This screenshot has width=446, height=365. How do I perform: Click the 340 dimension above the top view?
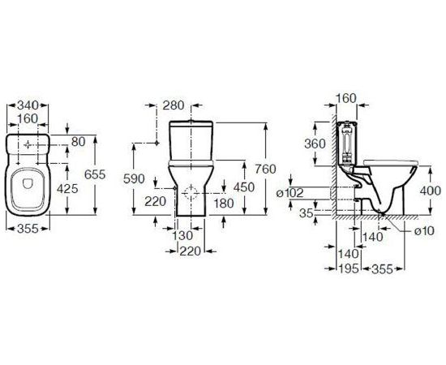[x=28, y=105]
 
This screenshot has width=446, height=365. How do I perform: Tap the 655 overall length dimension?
[x=95, y=174]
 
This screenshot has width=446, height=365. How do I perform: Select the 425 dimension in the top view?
[x=67, y=188]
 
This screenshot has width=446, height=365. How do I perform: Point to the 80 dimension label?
[x=78, y=142]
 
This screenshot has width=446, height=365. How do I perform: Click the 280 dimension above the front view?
[x=174, y=105]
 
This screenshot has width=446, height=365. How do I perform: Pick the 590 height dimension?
[x=134, y=178]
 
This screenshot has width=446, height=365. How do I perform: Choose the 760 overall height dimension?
[x=265, y=170]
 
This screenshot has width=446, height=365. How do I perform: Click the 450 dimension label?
[x=244, y=187]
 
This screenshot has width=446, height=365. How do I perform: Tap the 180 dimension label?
[x=224, y=203]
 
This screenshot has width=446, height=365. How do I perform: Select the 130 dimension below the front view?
[x=183, y=235]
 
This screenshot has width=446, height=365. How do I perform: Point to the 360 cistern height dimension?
[x=315, y=144]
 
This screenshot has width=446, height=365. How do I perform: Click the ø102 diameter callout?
[x=290, y=193]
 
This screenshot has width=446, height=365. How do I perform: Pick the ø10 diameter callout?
[x=424, y=231]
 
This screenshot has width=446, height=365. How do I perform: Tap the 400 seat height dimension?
[x=431, y=191]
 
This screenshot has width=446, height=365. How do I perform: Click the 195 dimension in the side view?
[x=348, y=268]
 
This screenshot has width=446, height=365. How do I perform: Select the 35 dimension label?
[x=307, y=213]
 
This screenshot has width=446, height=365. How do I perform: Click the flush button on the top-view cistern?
[x=28, y=145]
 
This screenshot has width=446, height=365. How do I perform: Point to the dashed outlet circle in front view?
[x=191, y=193]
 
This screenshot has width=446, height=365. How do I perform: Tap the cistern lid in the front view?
[x=191, y=123]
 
